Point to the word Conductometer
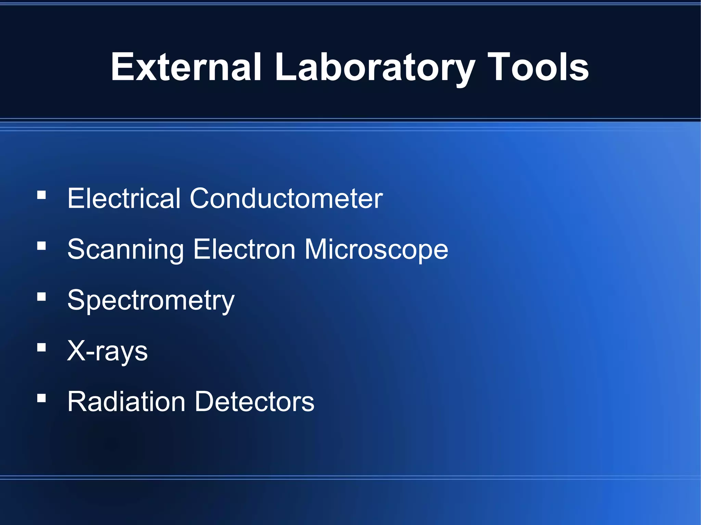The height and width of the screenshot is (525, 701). (x=286, y=198)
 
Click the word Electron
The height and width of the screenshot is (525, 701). (x=244, y=249)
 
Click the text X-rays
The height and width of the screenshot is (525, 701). (x=107, y=351)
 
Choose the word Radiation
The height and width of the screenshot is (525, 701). (x=126, y=401)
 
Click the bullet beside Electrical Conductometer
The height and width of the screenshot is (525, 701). (x=41, y=195)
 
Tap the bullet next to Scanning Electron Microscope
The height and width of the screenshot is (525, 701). (x=41, y=246)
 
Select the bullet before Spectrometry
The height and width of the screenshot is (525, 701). (x=41, y=297)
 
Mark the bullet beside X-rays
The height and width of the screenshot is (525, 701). (x=41, y=347)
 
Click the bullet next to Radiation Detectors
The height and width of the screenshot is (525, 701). (x=41, y=398)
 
